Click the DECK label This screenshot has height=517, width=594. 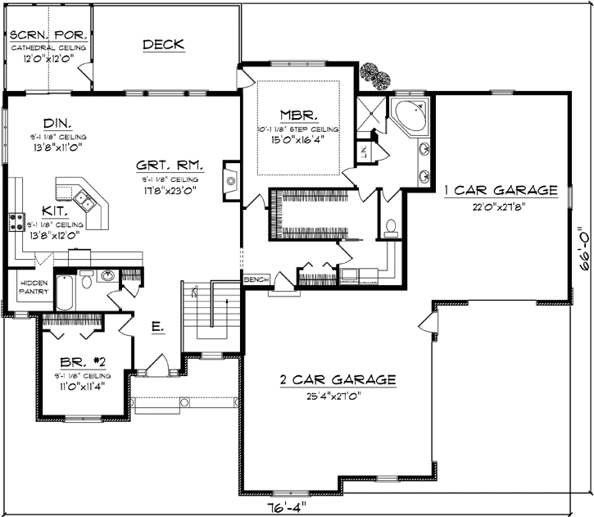(x=163, y=44)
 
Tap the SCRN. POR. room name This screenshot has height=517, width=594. (x=49, y=36)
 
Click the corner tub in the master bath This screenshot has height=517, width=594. (x=409, y=117)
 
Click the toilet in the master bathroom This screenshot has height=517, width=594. (x=392, y=226)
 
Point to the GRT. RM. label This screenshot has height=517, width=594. (x=170, y=164)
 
